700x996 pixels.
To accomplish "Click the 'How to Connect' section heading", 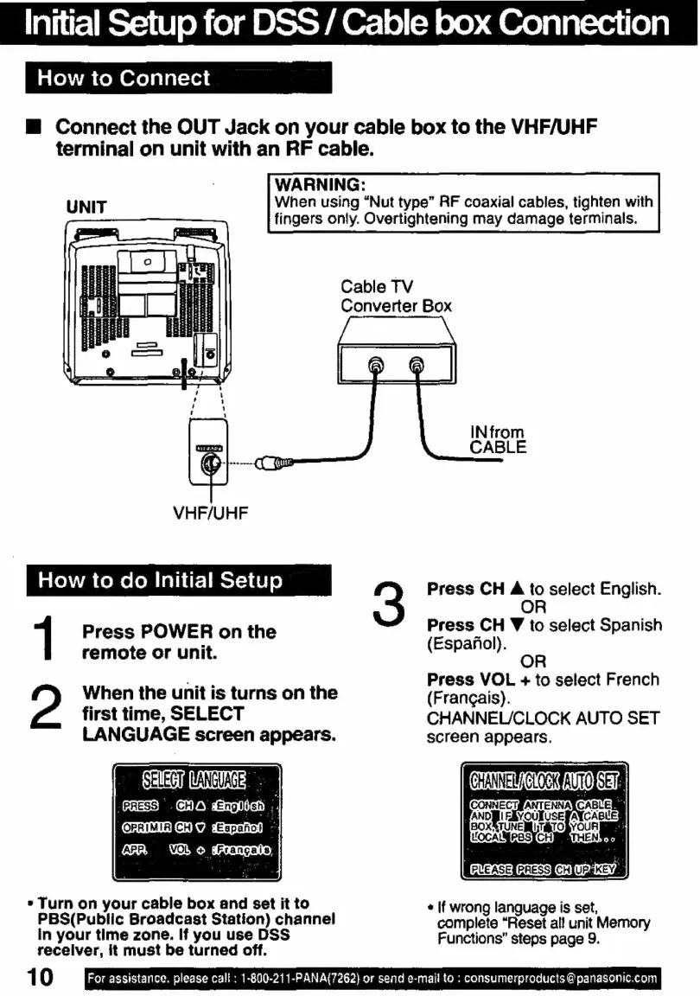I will click(x=124, y=79).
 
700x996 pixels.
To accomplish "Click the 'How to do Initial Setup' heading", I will click(x=160, y=580).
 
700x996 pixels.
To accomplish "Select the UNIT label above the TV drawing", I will click(x=87, y=207).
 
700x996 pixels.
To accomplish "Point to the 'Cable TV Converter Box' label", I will click(x=395, y=297).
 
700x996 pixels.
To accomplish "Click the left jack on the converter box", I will click(x=375, y=365).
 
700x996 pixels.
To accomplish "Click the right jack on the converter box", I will click(x=417, y=365).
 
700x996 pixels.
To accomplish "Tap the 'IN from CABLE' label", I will click(x=497, y=439).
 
